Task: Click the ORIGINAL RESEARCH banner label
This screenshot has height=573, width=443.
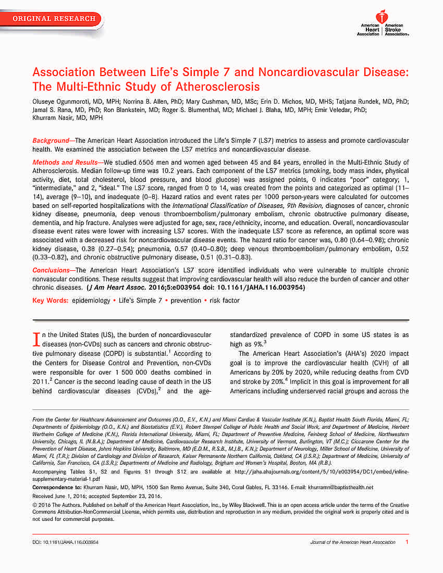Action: [x=54, y=19]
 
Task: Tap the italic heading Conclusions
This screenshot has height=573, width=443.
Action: [x=51, y=270]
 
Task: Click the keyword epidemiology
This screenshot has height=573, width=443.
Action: [x=91, y=301]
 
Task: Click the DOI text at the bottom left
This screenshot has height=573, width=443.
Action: [x=65, y=542]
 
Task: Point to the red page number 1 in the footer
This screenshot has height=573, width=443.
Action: [x=407, y=542]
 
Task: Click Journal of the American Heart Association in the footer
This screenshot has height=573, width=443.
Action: [x=353, y=542]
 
